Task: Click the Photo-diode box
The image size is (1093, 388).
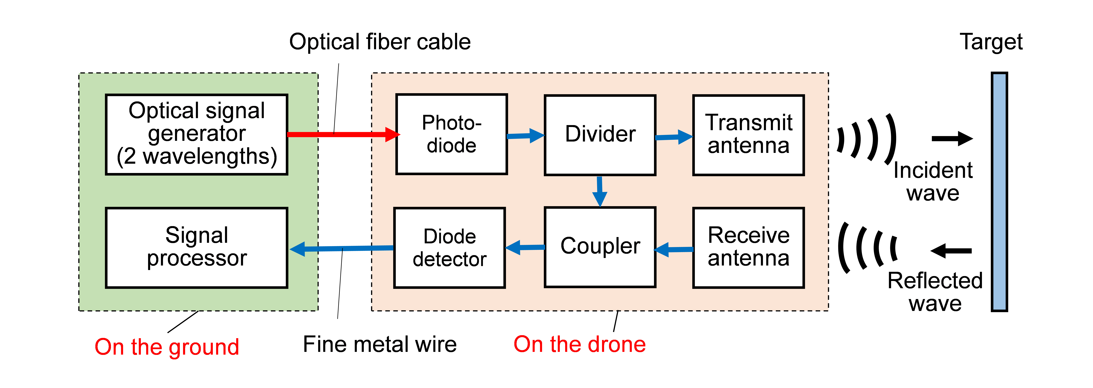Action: click(451, 134)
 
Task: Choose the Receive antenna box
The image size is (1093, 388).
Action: click(748, 248)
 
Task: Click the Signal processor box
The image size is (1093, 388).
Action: click(196, 248)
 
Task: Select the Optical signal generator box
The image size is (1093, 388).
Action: click(196, 134)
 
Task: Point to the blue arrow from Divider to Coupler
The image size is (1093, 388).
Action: click(600, 191)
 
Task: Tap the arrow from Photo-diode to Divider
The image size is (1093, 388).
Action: click(525, 136)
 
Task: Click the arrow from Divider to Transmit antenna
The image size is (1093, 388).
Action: click(674, 137)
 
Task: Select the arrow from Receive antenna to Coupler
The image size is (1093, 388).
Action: click(674, 249)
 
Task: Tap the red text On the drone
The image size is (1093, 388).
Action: click(580, 344)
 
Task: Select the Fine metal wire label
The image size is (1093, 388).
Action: click(380, 344)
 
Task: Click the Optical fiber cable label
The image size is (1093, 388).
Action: click(380, 42)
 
